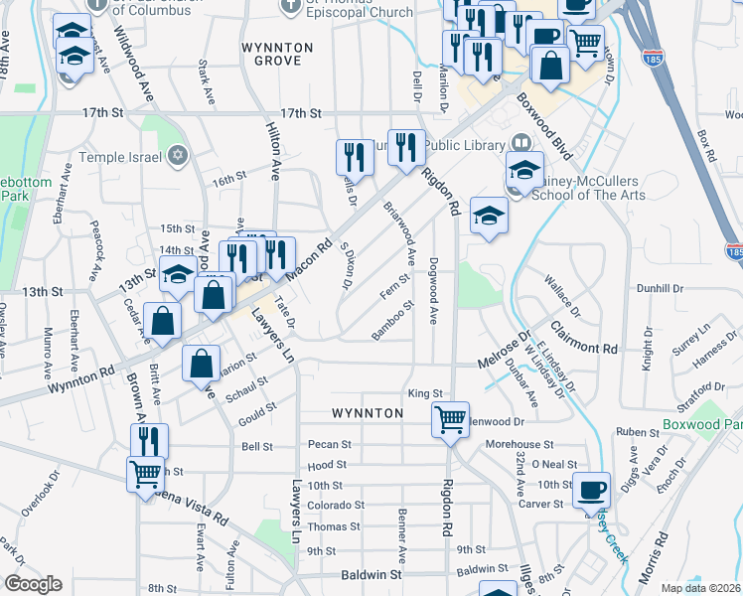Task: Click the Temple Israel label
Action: pos(121,156)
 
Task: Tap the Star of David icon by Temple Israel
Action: pos(178,156)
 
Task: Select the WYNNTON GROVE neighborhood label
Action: pos(278,54)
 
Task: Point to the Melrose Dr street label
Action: pos(503,352)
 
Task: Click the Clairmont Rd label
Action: pos(581,349)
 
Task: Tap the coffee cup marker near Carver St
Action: pos(593,489)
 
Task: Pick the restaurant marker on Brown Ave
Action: pos(150,440)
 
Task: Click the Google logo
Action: pos(34,584)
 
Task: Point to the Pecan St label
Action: pos(331,444)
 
